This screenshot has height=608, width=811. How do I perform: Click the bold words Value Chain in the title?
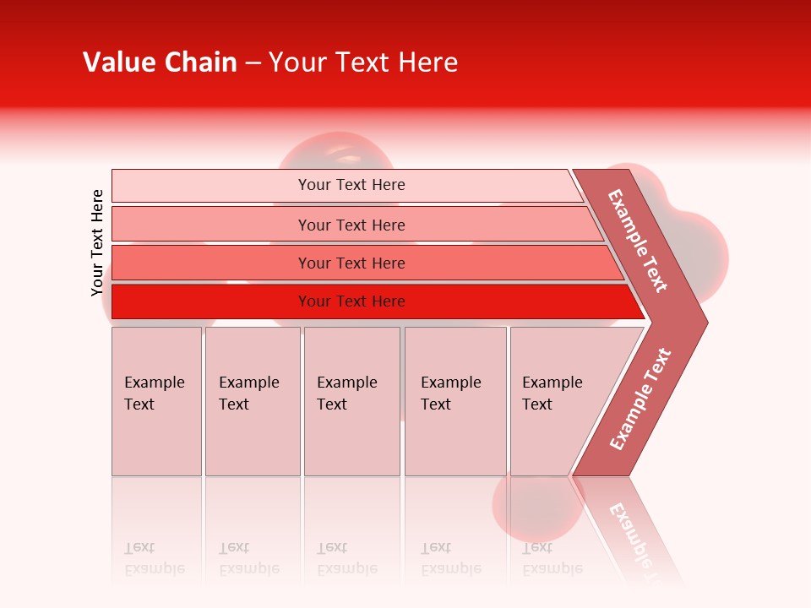click(x=160, y=62)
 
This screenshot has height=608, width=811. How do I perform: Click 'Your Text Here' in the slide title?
click(x=363, y=62)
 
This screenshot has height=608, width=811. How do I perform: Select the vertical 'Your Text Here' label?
click(x=97, y=242)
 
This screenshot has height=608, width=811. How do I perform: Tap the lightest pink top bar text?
click(x=351, y=185)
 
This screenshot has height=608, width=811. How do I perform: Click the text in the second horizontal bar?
click(x=351, y=225)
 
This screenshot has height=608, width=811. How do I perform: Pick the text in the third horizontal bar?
click(x=351, y=263)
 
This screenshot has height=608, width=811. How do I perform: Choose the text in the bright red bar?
click(x=351, y=301)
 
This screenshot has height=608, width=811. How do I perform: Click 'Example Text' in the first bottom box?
click(x=154, y=394)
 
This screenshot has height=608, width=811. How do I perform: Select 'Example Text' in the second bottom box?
click(x=248, y=394)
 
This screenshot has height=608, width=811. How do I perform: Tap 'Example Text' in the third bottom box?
click(x=346, y=394)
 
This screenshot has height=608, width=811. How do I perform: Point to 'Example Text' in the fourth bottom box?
click(x=450, y=394)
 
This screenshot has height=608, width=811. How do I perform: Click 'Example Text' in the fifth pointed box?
click(x=552, y=394)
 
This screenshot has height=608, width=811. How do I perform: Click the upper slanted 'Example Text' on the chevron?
click(x=638, y=241)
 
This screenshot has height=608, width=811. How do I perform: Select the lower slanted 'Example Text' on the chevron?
click(x=640, y=399)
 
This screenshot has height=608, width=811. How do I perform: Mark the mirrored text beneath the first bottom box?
click(x=154, y=558)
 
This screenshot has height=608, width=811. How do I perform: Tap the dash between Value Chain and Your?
click(x=253, y=63)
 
